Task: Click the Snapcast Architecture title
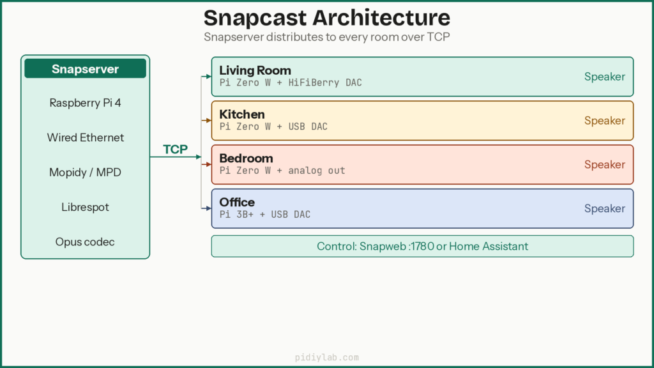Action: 326,17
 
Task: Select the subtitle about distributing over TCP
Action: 326,37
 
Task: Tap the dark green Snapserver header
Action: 85,69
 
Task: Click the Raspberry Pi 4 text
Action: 85,103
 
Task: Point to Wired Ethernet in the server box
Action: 85,137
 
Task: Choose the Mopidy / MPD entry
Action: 85,172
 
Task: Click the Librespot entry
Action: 85,207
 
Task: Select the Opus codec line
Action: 85,242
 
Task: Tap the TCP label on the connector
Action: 175,149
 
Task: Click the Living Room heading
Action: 255,70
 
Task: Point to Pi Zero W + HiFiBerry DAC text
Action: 291,82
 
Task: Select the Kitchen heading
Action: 241,114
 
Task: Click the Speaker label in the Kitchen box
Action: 604,121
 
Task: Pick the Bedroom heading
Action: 246,158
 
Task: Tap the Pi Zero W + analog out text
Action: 282,171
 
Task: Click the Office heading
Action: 236,203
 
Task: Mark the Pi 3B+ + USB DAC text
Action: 264,215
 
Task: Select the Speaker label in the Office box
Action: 604,208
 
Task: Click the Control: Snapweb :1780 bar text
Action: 422,246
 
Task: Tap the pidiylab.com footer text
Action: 326,358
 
